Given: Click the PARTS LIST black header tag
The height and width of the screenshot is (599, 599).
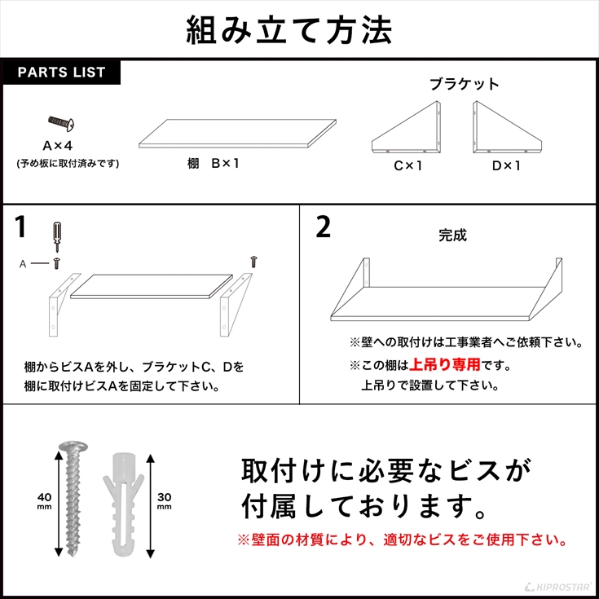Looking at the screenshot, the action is [x=61, y=73].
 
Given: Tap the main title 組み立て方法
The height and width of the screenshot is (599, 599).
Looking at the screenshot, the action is [x=289, y=31].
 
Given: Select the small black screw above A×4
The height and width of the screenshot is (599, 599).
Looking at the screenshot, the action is [x=61, y=123].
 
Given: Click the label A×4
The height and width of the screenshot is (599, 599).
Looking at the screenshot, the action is [x=57, y=146].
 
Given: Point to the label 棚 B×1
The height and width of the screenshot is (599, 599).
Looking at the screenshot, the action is [x=214, y=164].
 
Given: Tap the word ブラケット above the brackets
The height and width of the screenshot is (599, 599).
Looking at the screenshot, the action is [x=465, y=84].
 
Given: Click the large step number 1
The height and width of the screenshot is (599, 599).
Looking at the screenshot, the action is [x=20, y=227].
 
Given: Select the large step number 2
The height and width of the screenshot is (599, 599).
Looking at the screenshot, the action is [x=324, y=227].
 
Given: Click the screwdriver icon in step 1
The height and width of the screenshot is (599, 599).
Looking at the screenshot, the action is [x=57, y=236].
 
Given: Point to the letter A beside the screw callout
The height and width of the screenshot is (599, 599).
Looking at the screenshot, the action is [x=23, y=264].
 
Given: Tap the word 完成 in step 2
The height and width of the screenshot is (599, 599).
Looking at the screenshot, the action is [x=452, y=236].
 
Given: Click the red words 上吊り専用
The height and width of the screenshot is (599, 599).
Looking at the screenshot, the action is [x=444, y=365].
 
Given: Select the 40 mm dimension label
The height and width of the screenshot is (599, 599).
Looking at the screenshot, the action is [x=44, y=501].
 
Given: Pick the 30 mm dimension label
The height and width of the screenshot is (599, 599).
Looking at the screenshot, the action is [x=165, y=501].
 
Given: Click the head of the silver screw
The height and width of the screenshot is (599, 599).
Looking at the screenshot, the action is [x=73, y=447].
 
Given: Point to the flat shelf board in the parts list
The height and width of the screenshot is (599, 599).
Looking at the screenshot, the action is [x=237, y=134].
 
